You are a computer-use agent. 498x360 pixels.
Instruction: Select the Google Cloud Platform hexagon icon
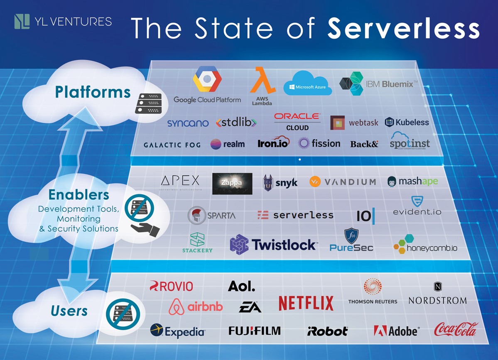(207, 80)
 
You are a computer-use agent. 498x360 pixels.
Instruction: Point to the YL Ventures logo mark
(22, 22)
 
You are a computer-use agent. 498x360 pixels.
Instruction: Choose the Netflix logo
(306, 303)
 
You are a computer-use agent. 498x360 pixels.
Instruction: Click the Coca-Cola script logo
(456, 330)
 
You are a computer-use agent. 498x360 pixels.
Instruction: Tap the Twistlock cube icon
(239, 245)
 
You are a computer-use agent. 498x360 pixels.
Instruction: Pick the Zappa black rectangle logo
(232, 184)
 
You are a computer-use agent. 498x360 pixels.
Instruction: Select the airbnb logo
(196, 307)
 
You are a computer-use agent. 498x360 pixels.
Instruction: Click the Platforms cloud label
(93, 92)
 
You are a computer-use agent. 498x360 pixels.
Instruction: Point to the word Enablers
(79, 194)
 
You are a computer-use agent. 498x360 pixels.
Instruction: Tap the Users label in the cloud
(69, 311)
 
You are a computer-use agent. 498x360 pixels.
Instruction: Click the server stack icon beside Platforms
(148, 103)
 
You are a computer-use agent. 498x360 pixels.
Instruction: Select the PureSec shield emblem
(351, 236)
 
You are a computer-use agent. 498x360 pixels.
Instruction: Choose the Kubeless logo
(407, 122)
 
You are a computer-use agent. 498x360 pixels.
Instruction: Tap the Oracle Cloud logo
(297, 122)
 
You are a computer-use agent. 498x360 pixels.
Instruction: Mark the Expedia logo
(177, 331)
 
